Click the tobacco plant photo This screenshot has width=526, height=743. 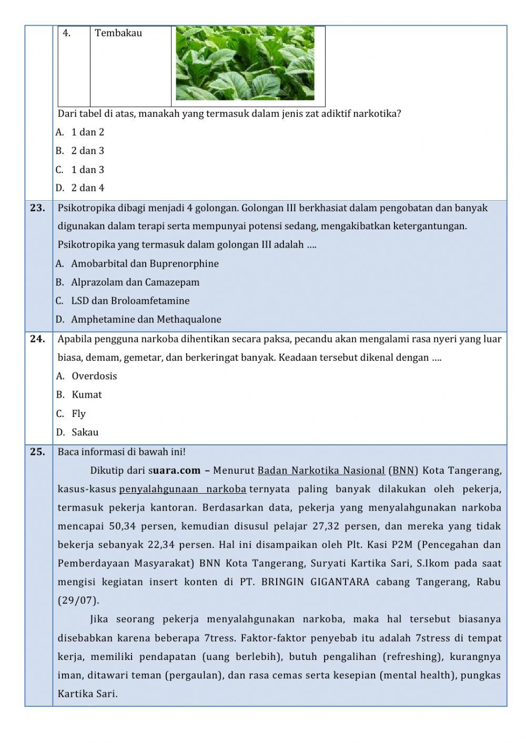245,63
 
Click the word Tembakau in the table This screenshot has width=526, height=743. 118,33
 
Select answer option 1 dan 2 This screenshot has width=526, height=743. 87,132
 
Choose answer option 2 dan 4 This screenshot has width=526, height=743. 87,188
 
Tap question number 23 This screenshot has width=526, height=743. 37,208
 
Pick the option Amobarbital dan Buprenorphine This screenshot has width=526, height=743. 145,263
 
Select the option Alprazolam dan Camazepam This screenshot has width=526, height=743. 135,282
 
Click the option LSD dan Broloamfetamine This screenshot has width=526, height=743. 130,301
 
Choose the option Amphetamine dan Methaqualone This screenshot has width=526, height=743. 146,319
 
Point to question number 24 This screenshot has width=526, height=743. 37,339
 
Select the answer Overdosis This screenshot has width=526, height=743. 94,376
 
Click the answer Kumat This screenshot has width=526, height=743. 87,394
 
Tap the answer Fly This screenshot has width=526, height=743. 78,413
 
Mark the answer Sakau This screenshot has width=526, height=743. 85,432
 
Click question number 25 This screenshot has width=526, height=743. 37,452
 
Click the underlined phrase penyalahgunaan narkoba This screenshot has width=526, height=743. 183,489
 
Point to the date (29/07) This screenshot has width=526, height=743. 78,600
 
